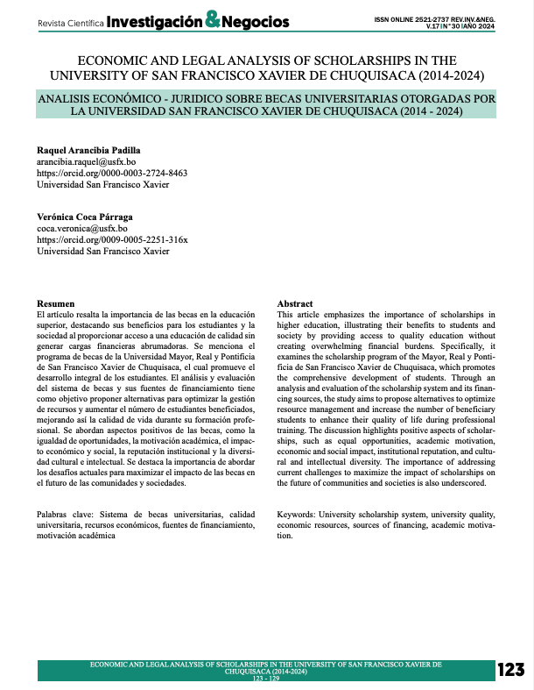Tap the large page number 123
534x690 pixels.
pos(510,670)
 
